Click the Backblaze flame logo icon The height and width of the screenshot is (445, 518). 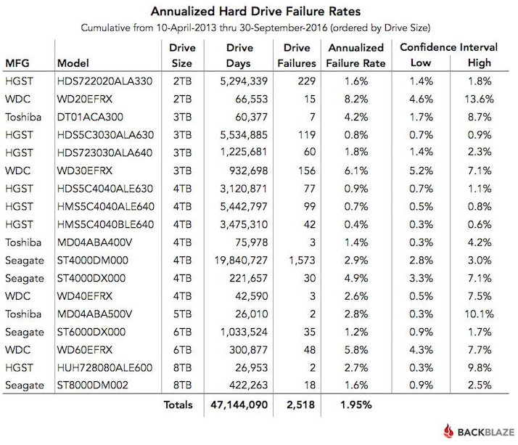click(x=448, y=430)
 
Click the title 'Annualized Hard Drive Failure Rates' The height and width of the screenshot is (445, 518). click(x=255, y=12)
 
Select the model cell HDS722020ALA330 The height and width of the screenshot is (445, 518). click(x=104, y=81)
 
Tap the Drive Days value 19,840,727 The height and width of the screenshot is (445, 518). click(x=241, y=261)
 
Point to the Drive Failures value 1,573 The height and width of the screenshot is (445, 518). click(x=303, y=261)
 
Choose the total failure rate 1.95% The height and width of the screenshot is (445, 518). click(x=356, y=404)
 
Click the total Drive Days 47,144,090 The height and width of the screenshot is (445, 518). click(x=239, y=404)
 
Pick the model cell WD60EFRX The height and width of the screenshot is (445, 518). click(x=85, y=350)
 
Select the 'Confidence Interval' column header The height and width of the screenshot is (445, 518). click(x=448, y=47)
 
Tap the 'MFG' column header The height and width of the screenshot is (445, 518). click(x=17, y=63)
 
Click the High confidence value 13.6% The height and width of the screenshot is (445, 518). click(x=479, y=99)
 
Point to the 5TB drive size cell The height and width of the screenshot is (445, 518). click(x=182, y=314)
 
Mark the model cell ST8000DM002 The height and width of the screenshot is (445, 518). click(x=93, y=385)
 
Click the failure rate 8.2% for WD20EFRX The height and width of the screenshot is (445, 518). click(x=356, y=99)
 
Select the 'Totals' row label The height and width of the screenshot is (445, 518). click(x=178, y=404)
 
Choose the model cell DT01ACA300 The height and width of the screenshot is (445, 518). click(x=90, y=117)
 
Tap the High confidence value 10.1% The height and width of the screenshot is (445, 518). click(x=479, y=314)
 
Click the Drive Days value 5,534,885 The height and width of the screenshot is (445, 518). click(x=244, y=135)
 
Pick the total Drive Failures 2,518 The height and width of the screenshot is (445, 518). click(x=300, y=404)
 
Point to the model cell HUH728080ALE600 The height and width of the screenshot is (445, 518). click(x=104, y=367)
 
